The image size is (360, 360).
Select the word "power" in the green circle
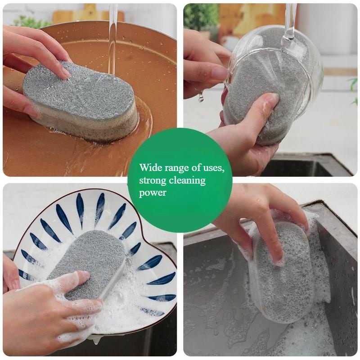153,193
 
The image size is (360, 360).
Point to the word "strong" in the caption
151,181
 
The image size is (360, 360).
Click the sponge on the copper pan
81,101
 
